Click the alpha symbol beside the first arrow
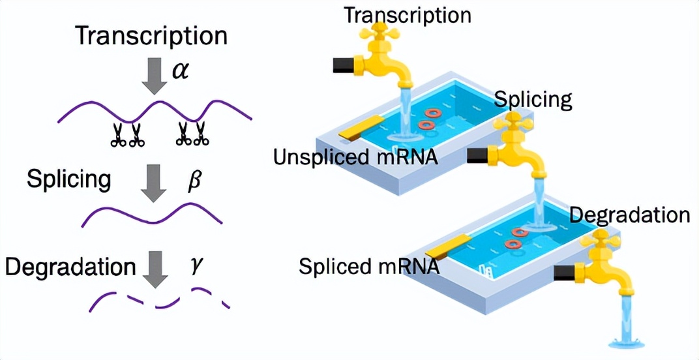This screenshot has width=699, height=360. (x=180, y=70)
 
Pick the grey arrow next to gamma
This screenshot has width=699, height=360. (x=155, y=268)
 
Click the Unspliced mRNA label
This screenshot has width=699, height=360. (x=355, y=157)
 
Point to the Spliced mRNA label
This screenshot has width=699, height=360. (x=369, y=266)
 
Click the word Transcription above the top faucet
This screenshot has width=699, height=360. (x=407, y=14)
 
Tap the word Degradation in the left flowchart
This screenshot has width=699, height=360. (x=70, y=267)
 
